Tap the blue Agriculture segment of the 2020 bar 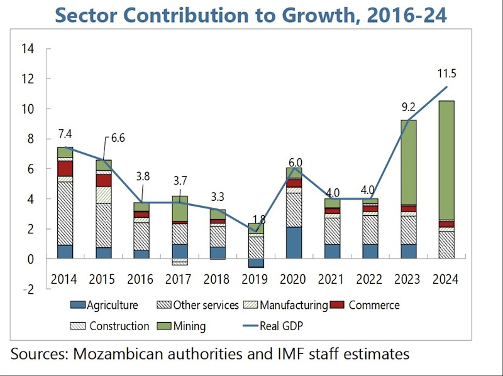(x=294, y=242)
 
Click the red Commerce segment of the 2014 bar (x=65, y=168)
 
